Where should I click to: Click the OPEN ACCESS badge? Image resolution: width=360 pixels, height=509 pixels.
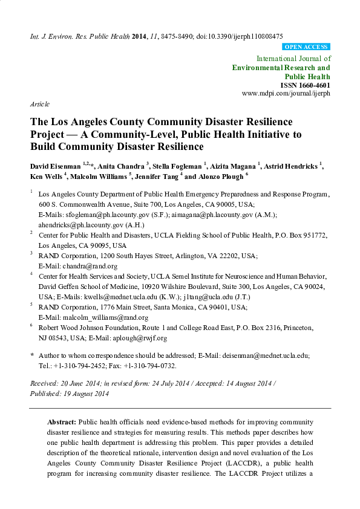(x=306, y=47)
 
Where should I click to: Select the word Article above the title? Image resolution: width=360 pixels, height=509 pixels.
(x=40, y=105)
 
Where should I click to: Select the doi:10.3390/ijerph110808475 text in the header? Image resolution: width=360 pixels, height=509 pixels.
(x=245, y=36)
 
